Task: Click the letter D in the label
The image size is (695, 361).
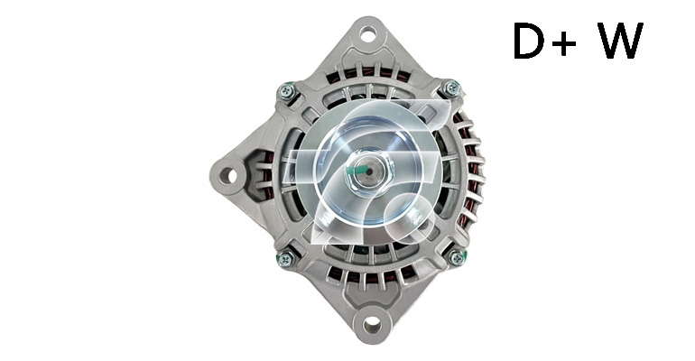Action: pyautogui.click(x=528, y=41)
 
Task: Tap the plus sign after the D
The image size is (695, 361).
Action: pyautogui.click(x=564, y=43)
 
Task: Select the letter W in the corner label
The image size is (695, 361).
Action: pyautogui.click(x=621, y=41)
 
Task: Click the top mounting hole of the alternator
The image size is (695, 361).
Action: pyautogui.click(x=367, y=33)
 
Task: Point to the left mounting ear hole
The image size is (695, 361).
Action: pyautogui.click(x=228, y=175)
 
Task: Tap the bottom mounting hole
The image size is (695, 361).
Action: pyautogui.click(x=372, y=325)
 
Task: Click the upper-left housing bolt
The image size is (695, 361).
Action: pyautogui.click(x=286, y=91)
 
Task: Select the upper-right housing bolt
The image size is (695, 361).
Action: pyautogui.click(x=451, y=88)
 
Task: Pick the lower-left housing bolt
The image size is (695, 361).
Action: pyautogui.click(x=285, y=258)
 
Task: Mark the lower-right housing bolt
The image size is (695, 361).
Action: pyautogui.click(x=456, y=256)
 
